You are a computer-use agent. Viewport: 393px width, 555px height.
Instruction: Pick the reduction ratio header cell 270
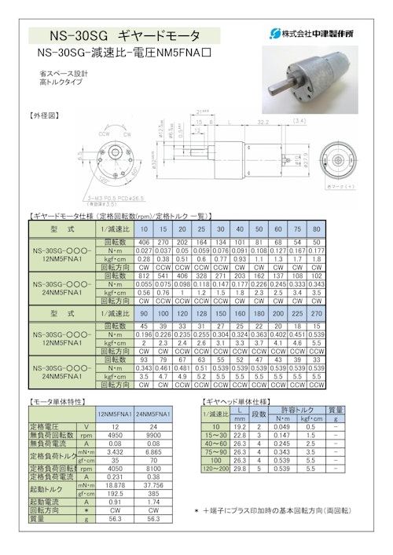316,312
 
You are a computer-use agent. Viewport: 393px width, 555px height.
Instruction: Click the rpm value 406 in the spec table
143,243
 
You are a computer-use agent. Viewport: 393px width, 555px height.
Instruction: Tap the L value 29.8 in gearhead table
239,468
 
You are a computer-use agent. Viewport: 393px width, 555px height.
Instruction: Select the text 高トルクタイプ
61,81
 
